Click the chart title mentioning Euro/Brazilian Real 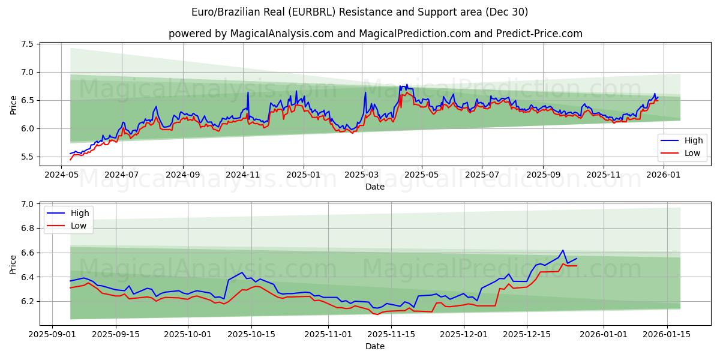(x=360, y=12)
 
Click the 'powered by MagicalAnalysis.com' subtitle (x=375, y=34)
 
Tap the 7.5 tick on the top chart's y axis (x=27, y=44)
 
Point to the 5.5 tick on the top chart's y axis (x=27, y=157)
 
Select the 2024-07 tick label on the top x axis (x=122, y=175)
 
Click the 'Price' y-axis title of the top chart (x=13, y=105)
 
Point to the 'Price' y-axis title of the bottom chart (x=13, y=265)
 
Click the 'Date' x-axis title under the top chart (x=375, y=187)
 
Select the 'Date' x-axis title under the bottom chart (x=375, y=346)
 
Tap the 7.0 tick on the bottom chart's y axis (x=27, y=205)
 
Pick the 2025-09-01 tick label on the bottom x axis (x=52, y=334)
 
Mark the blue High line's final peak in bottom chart (x=563, y=250)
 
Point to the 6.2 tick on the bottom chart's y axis (x=27, y=301)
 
